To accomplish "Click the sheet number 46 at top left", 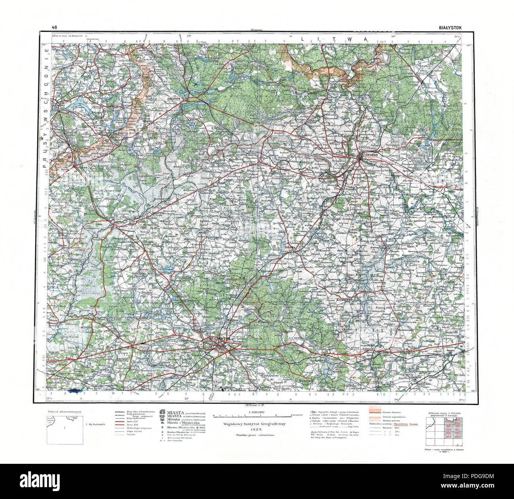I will pyautogui.click(x=54, y=27).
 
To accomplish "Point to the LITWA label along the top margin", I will pyautogui.click(x=334, y=39).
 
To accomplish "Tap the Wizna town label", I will pyautogui.click(x=54, y=322).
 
